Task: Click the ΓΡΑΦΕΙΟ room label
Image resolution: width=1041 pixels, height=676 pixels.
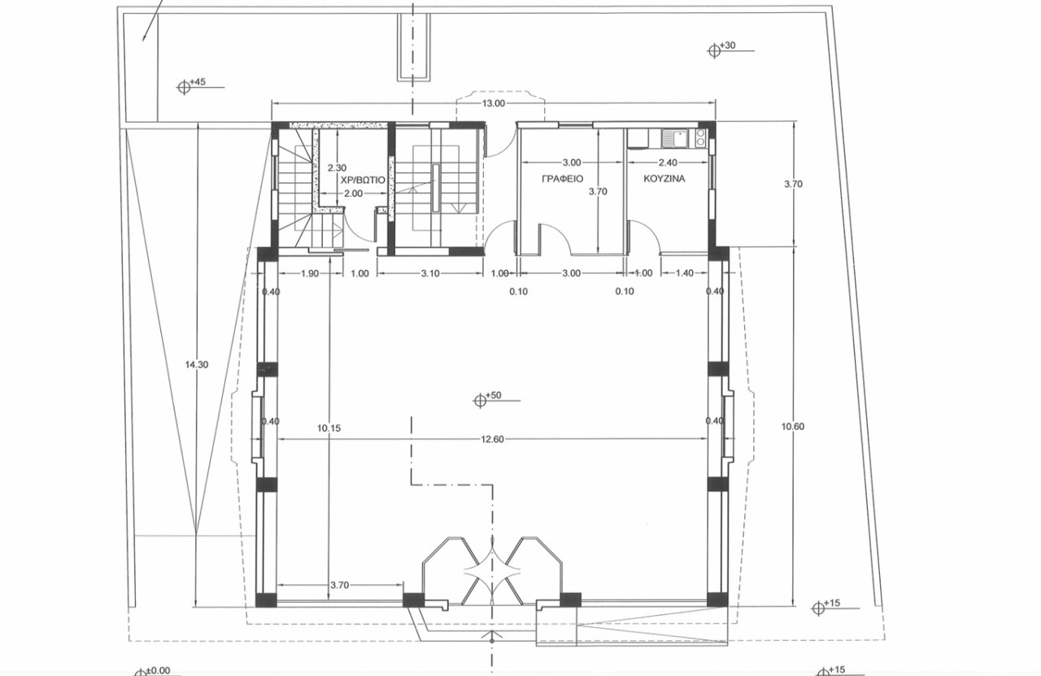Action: pyautogui.click(x=562, y=178)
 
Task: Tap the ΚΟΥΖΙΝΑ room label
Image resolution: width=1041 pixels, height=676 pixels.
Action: pyautogui.click(x=664, y=178)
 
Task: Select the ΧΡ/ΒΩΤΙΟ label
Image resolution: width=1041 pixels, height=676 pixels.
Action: pyautogui.click(x=363, y=180)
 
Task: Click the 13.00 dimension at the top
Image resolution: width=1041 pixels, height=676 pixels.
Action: pyautogui.click(x=493, y=103)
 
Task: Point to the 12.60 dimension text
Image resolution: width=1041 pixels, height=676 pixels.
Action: pyautogui.click(x=493, y=439)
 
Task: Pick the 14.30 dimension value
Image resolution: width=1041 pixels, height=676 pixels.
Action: pyautogui.click(x=197, y=364)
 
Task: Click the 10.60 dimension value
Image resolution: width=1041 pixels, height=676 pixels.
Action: pyautogui.click(x=793, y=426)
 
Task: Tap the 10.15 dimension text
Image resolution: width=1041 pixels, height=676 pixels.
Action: pyautogui.click(x=329, y=428)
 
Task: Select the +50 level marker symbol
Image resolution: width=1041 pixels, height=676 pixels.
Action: pyautogui.click(x=480, y=400)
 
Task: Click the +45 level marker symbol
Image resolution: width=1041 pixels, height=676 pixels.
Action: pyautogui.click(x=184, y=87)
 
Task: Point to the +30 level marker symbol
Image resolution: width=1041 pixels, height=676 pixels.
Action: pyautogui.click(x=714, y=50)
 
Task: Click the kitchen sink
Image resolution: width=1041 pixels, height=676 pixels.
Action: pyautogui.click(x=676, y=138)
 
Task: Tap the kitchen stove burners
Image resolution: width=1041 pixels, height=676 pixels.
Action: pyautogui.click(x=700, y=137)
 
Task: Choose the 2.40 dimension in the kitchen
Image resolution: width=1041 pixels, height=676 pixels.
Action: pyautogui.click(x=668, y=163)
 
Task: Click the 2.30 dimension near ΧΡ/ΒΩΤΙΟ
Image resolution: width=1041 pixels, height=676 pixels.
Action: pyautogui.click(x=337, y=168)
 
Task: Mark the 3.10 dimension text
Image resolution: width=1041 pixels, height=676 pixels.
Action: pyautogui.click(x=430, y=273)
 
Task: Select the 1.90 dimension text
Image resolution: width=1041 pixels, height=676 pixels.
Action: pyautogui.click(x=310, y=273)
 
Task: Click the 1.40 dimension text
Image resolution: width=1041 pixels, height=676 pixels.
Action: pyautogui.click(x=685, y=273)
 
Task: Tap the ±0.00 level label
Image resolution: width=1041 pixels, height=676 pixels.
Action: pyautogui.click(x=158, y=670)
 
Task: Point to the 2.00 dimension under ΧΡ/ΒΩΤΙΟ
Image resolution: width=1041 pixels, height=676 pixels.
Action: pyautogui.click(x=353, y=194)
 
